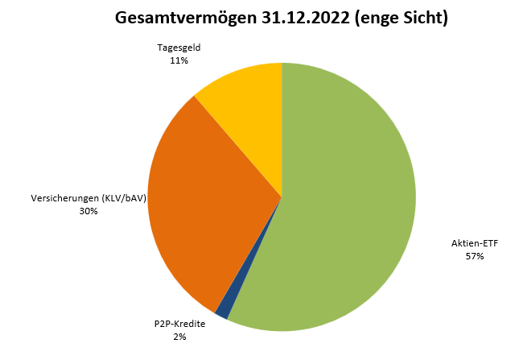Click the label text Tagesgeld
click(179, 48)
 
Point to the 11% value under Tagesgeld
click(179, 60)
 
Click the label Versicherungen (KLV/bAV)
click(89, 198)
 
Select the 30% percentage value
click(89, 211)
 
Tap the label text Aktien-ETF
click(475, 243)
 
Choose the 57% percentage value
click(475, 256)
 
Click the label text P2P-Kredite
click(179, 324)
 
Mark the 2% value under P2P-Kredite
click(179, 337)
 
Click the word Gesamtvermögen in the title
click(186, 18)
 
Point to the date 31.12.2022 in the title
click(306, 17)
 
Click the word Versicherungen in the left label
click(66, 198)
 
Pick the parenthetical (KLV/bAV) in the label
click(125, 198)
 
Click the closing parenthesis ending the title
click(445, 18)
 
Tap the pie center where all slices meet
click(282, 197)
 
